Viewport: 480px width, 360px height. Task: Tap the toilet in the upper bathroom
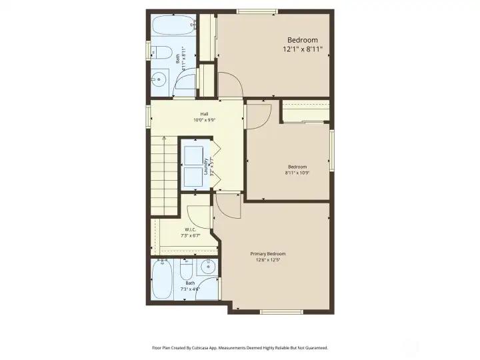click(163, 53)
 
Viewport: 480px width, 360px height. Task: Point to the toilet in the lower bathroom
click(187, 269)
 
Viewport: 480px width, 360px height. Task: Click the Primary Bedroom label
click(268, 254)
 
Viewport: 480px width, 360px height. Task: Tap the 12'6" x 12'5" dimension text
click(268, 261)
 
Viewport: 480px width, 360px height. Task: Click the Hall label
click(205, 114)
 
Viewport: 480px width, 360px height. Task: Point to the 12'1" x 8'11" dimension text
click(303, 49)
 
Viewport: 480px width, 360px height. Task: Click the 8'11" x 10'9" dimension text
click(297, 173)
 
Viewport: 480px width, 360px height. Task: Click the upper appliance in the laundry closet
click(195, 153)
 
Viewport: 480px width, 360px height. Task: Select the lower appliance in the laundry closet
click(195, 176)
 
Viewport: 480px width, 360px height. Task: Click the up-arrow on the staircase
click(165, 141)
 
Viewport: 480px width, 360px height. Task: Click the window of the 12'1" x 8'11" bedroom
click(257, 11)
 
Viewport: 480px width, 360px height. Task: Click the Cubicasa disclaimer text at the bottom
click(240, 347)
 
